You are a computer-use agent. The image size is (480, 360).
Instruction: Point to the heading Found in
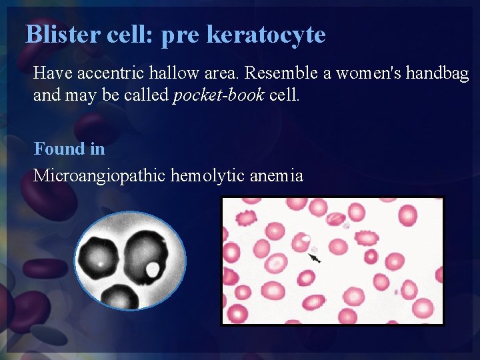point(69,149)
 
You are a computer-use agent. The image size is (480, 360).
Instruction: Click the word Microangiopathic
point(99,176)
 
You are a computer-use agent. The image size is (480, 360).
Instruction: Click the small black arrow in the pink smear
point(315,257)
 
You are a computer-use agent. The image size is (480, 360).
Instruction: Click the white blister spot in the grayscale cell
point(153,269)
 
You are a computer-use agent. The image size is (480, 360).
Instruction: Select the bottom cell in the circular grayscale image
point(120,297)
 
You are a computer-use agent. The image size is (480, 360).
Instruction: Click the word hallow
point(180,73)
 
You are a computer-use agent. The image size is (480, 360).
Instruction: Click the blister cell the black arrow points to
point(301,242)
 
